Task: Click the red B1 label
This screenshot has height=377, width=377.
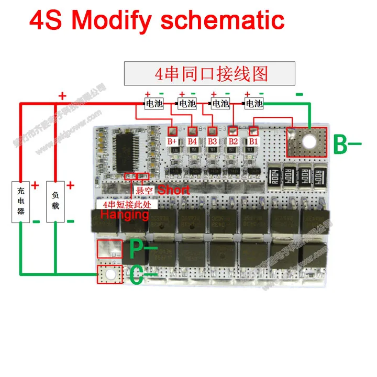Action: (x=253, y=141)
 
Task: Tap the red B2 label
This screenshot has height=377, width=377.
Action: (x=233, y=141)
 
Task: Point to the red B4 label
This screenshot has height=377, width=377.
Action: (x=193, y=141)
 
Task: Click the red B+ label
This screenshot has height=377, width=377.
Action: (x=173, y=141)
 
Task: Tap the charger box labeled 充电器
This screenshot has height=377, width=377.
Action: (x=20, y=201)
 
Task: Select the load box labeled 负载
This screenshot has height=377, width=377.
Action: (x=56, y=201)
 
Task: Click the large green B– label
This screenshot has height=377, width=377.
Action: (x=348, y=145)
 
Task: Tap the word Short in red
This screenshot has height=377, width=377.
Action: (x=174, y=190)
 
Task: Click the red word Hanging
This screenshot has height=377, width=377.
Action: (x=124, y=214)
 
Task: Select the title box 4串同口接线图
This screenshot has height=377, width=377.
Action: (x=209, y=74)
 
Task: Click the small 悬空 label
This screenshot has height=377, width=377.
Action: (x=144, y=191)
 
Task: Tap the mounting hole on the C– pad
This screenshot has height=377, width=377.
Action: (x=109, y=274)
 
